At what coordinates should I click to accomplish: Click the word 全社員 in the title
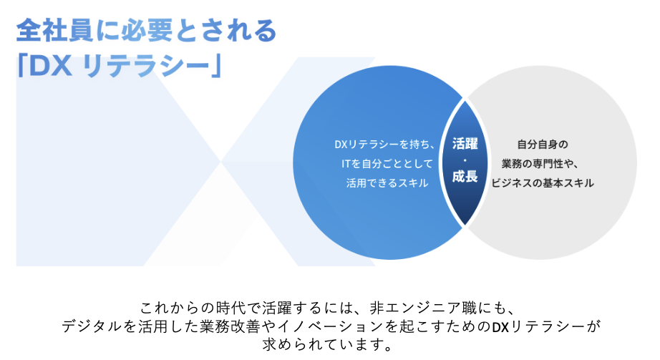pos(54,30)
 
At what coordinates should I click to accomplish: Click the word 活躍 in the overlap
pos(465,144)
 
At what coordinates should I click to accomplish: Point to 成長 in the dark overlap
pos(465,176)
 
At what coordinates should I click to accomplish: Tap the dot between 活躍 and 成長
pos(465,160)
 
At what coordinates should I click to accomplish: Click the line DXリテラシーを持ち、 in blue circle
pos(384,145)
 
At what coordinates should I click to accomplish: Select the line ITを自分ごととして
pos(387,163)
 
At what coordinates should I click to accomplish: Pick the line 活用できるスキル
pos(387,183)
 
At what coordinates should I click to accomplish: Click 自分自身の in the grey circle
pos(543,145)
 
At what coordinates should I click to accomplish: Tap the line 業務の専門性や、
pos(540,163)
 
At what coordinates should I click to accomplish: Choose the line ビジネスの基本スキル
pos(543,183)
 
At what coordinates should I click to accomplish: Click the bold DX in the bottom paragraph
pos(500,327)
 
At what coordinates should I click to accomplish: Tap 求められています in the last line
pos(322,345)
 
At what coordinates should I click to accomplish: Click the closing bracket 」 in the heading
pos(215,66)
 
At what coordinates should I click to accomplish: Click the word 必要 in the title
pos(147,30)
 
